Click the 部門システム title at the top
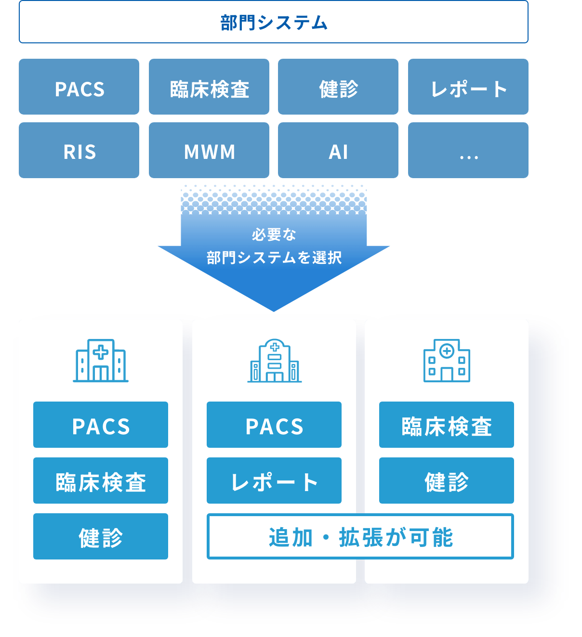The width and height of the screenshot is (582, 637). click(x=274, y=23)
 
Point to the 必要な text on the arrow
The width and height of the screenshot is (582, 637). click(x=274, y=234)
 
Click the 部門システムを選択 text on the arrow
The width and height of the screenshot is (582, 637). click(x=274, y=258)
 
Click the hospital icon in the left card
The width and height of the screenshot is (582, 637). click(x=101, y=361)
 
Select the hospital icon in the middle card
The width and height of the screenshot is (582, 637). click(x=274, y=361)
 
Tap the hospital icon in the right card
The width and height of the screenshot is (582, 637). click(x=447, y=361)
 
